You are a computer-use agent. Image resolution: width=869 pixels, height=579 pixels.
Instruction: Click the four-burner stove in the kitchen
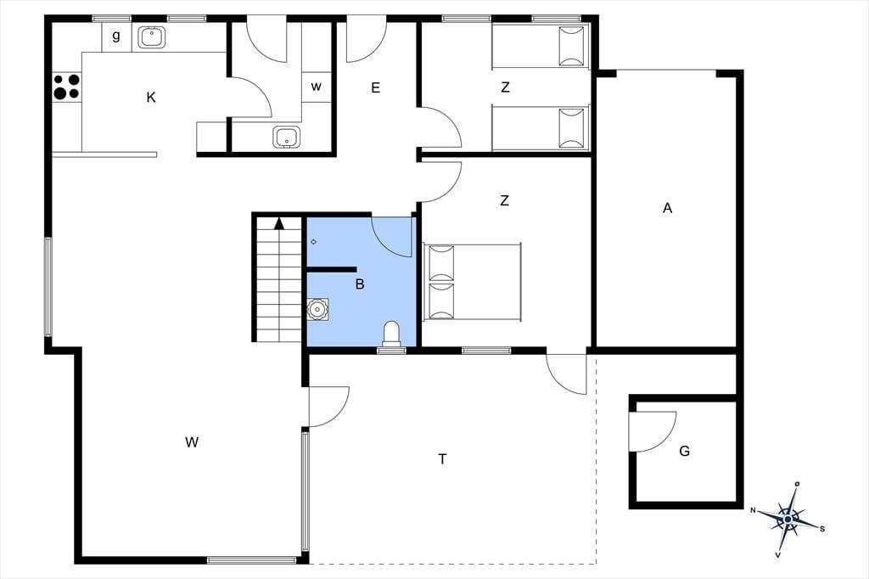(66, 87)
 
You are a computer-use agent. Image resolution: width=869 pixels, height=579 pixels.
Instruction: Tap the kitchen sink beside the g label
(150, 37)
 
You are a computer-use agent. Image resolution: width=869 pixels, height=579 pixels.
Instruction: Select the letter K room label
(151, 98)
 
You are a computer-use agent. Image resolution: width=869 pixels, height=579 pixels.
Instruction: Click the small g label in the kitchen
(115, 36)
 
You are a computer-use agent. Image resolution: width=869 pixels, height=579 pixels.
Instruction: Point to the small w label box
(316, 87)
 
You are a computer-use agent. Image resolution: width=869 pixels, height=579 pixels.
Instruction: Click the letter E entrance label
(376, 87)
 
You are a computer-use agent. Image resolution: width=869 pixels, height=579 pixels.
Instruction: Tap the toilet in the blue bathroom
(391, 334)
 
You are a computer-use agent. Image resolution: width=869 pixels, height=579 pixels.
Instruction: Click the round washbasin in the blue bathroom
(317, 309)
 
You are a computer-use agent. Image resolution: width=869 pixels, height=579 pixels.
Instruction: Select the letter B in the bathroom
(360, 284)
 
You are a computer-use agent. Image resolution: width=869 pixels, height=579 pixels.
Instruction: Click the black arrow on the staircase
(279, 223)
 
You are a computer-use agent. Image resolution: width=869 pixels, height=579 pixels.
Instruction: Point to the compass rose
(788, 519)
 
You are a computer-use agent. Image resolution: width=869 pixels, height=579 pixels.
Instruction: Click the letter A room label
(667, 208)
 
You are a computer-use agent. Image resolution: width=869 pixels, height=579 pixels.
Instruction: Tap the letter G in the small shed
(685, 451)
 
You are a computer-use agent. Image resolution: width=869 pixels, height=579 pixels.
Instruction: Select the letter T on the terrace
(442, 459)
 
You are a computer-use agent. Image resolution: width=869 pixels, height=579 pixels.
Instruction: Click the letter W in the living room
(192, 442)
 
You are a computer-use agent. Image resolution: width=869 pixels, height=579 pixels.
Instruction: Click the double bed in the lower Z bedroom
(473, 282)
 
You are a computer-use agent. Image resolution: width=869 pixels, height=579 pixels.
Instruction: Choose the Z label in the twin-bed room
(505, 87)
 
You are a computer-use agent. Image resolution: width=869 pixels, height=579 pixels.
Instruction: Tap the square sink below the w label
(287, 137)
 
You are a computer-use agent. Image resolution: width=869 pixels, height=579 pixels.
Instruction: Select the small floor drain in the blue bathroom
(314, 242)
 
